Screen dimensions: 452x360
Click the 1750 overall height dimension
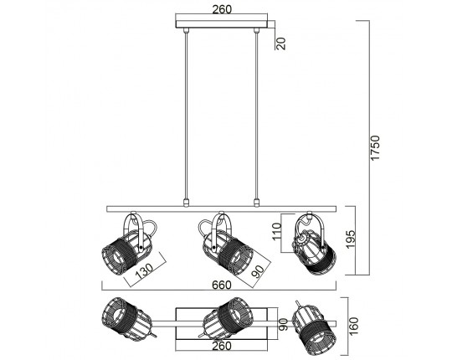375,148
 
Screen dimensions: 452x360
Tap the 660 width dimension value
222,285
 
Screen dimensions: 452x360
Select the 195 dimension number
351,239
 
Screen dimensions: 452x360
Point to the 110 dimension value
276,231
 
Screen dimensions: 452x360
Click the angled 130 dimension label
144,271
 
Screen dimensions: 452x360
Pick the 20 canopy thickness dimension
280,44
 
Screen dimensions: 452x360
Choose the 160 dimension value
353,326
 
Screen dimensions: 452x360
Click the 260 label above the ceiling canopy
222,9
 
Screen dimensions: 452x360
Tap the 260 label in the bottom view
222,346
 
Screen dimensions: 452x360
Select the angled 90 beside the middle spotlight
258,271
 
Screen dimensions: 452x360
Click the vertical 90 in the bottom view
283,324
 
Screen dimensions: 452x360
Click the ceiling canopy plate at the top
221,24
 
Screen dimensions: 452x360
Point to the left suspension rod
186,115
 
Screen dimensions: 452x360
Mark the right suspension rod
256,115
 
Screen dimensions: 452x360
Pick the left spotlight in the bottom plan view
127,319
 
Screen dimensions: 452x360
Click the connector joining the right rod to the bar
256,203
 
